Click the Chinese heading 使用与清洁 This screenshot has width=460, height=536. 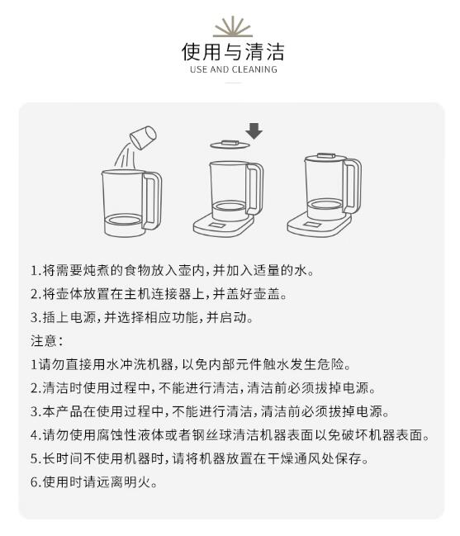tap(233, 51)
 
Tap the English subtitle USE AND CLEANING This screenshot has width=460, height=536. tap(234, 69)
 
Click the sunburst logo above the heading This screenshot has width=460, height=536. tap(233, 26)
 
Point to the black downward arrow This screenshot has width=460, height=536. tap(254, 131)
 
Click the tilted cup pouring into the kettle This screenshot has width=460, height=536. tap(143, 137)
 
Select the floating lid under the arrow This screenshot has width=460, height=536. tap(230, 145)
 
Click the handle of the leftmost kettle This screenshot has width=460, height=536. tap(153, 201)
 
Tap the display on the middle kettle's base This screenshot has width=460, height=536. tap(217, 225)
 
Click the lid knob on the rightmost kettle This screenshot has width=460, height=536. tap(326, 155)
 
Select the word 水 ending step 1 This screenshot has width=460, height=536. tap(301, 270)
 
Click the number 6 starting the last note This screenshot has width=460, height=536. tap(35, 482)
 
